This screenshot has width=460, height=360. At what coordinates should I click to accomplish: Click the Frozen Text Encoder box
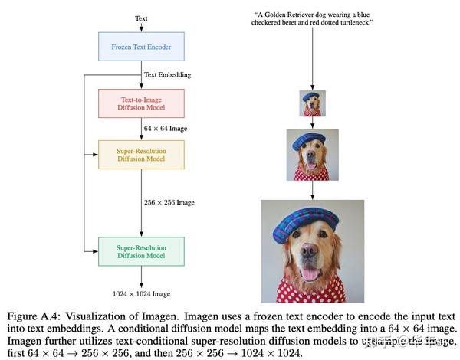click(x=141, y=46)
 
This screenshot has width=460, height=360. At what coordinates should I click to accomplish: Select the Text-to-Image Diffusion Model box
click(x=141, y=103)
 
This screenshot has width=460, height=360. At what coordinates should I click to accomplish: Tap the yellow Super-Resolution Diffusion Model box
click(x=141, y=155)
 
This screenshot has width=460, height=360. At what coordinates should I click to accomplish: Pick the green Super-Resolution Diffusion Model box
click(x=141, y=251)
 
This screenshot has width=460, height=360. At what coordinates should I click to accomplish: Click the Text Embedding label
click(x=167, y=74)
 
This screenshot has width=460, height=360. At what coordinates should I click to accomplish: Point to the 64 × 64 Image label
click(x=166, y=129)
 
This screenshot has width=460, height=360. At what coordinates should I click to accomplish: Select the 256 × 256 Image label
click(x=169, y=203)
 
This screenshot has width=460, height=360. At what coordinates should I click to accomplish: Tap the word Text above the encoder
click(x=141, y=18)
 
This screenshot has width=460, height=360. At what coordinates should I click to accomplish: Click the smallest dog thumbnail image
click(x=312, y=103)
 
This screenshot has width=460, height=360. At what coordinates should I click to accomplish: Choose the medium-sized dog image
click(x=312, y=155)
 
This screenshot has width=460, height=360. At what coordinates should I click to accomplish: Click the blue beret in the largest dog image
click(x=310, y=222)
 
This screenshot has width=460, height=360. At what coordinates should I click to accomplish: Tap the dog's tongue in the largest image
click(x=310, y=276)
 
